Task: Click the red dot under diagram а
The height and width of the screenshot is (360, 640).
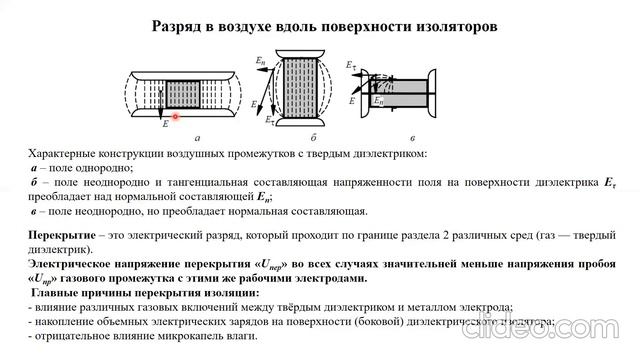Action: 175,117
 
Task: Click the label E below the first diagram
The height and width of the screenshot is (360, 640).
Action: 165,124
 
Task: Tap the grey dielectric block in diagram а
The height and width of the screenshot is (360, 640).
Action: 186,94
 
